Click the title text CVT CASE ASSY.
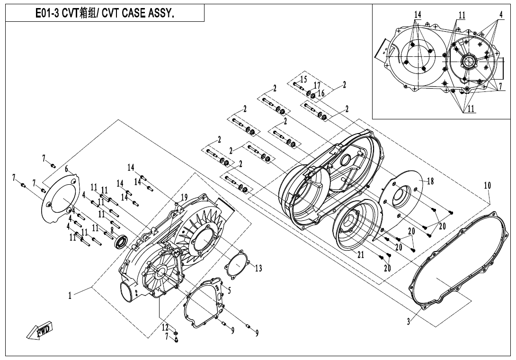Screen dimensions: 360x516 pyautogui.click(x=105, y=14)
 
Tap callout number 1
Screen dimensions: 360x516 pyautogui.click(x=70, y=296)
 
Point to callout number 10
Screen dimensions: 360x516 pyautogui.click(x=487, y=186)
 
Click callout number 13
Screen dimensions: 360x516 pyautogui.click(x=258, y=269)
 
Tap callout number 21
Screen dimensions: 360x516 pyautogui.click(x=361, y=254)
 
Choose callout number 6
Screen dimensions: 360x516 pyautogui.click(x=67, y=169)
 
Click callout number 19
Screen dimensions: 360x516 pyautogui.click(x=184, y=197)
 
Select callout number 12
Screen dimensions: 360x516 pyautogui.click(x=165, y=327)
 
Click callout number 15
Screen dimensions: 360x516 pyautogui.click(x=303, y=79)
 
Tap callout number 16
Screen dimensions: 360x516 pyautogui.click(x=321, y=93)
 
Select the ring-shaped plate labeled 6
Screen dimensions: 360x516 pyautogui.click(x=60, y=198)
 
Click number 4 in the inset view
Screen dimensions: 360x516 pyautogui.click(x=500, y=15)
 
